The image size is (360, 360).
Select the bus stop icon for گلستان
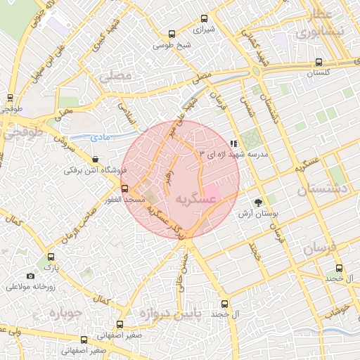point(319,62)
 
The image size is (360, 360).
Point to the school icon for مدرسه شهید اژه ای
point(233,143)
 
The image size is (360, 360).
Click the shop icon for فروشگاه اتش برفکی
point(94,160)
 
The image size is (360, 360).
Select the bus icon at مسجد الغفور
point(124,189)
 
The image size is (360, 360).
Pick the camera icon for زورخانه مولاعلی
point(30,276)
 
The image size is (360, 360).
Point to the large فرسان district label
point(321,248)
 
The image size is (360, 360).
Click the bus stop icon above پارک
point(49,257)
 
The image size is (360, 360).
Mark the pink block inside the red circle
point(211,192)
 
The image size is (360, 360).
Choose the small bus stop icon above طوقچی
point(10,98)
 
